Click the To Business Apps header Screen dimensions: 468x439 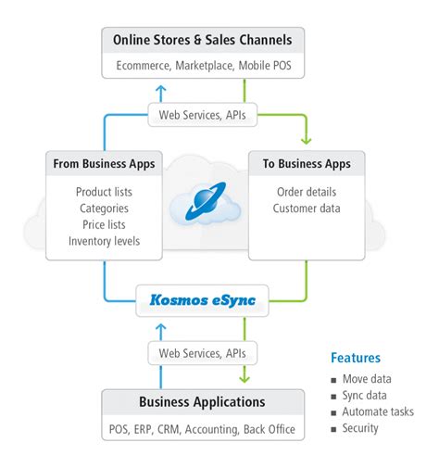click(x=306, y=164)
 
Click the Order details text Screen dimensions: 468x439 click(x=306, y=192)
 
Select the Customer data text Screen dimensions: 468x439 click(x=306, y=209)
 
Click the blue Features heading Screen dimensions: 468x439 click(x=356, y=358)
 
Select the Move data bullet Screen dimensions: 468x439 click(x=367, y=378)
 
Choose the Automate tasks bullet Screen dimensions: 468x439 click(x=378, y=411)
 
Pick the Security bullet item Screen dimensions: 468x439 click(x=360, y=428)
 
